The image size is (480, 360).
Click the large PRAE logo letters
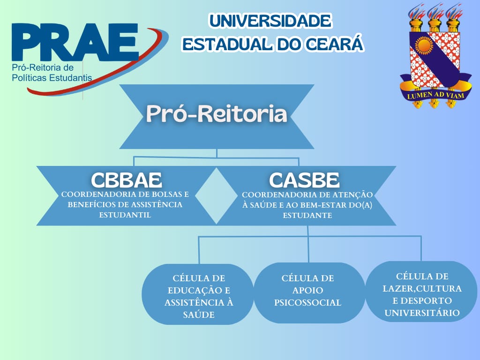point(75,42)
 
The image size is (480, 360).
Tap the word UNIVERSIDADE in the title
point(270,21)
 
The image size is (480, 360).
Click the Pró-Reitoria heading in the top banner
point(217,113)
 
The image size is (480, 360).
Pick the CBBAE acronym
point(127,180)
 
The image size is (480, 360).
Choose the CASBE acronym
point(304,180)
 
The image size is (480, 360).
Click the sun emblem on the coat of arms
point(424,46)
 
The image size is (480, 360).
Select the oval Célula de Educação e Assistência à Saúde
point(198,294)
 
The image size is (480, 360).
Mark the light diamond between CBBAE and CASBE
point(216,195)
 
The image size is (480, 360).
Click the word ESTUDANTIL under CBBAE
point(125,215)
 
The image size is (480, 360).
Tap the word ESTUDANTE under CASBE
point(307,216)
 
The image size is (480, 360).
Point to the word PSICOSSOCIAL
point(307,303)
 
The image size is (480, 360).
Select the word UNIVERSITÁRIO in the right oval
point(422,313)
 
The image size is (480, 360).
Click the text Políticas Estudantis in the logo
point(52,78)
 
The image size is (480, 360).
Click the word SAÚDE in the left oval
point(199,315)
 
